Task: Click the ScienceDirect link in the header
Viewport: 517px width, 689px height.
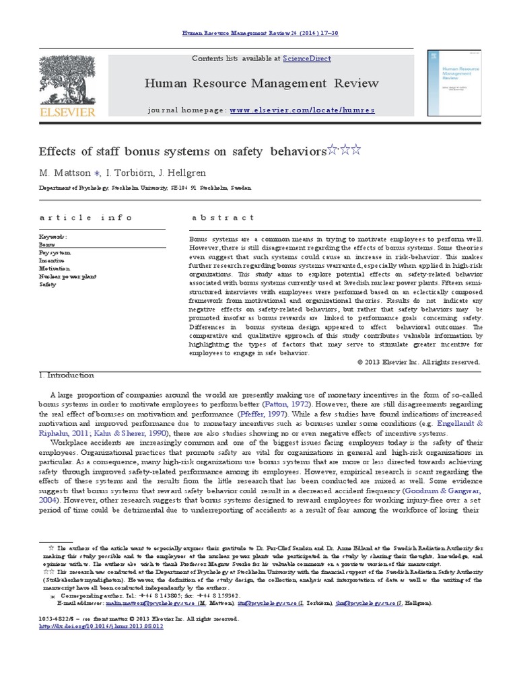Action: (306, 59)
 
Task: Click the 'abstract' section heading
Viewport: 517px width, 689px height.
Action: (223, 217)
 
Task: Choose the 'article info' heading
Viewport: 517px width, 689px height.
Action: (86, 217)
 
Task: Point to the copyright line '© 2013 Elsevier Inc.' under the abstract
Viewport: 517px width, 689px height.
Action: (419, 361)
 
